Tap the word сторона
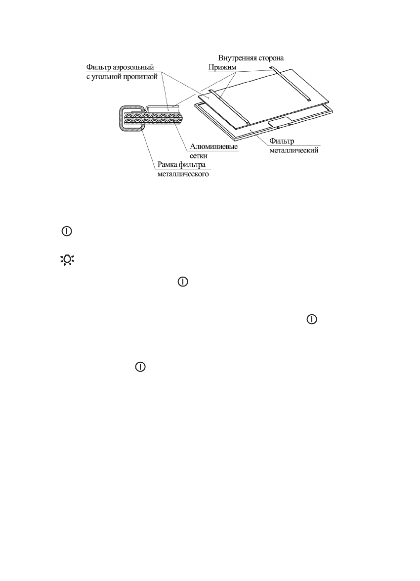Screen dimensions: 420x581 pos(271,58)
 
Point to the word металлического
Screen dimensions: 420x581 pos(178,174)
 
